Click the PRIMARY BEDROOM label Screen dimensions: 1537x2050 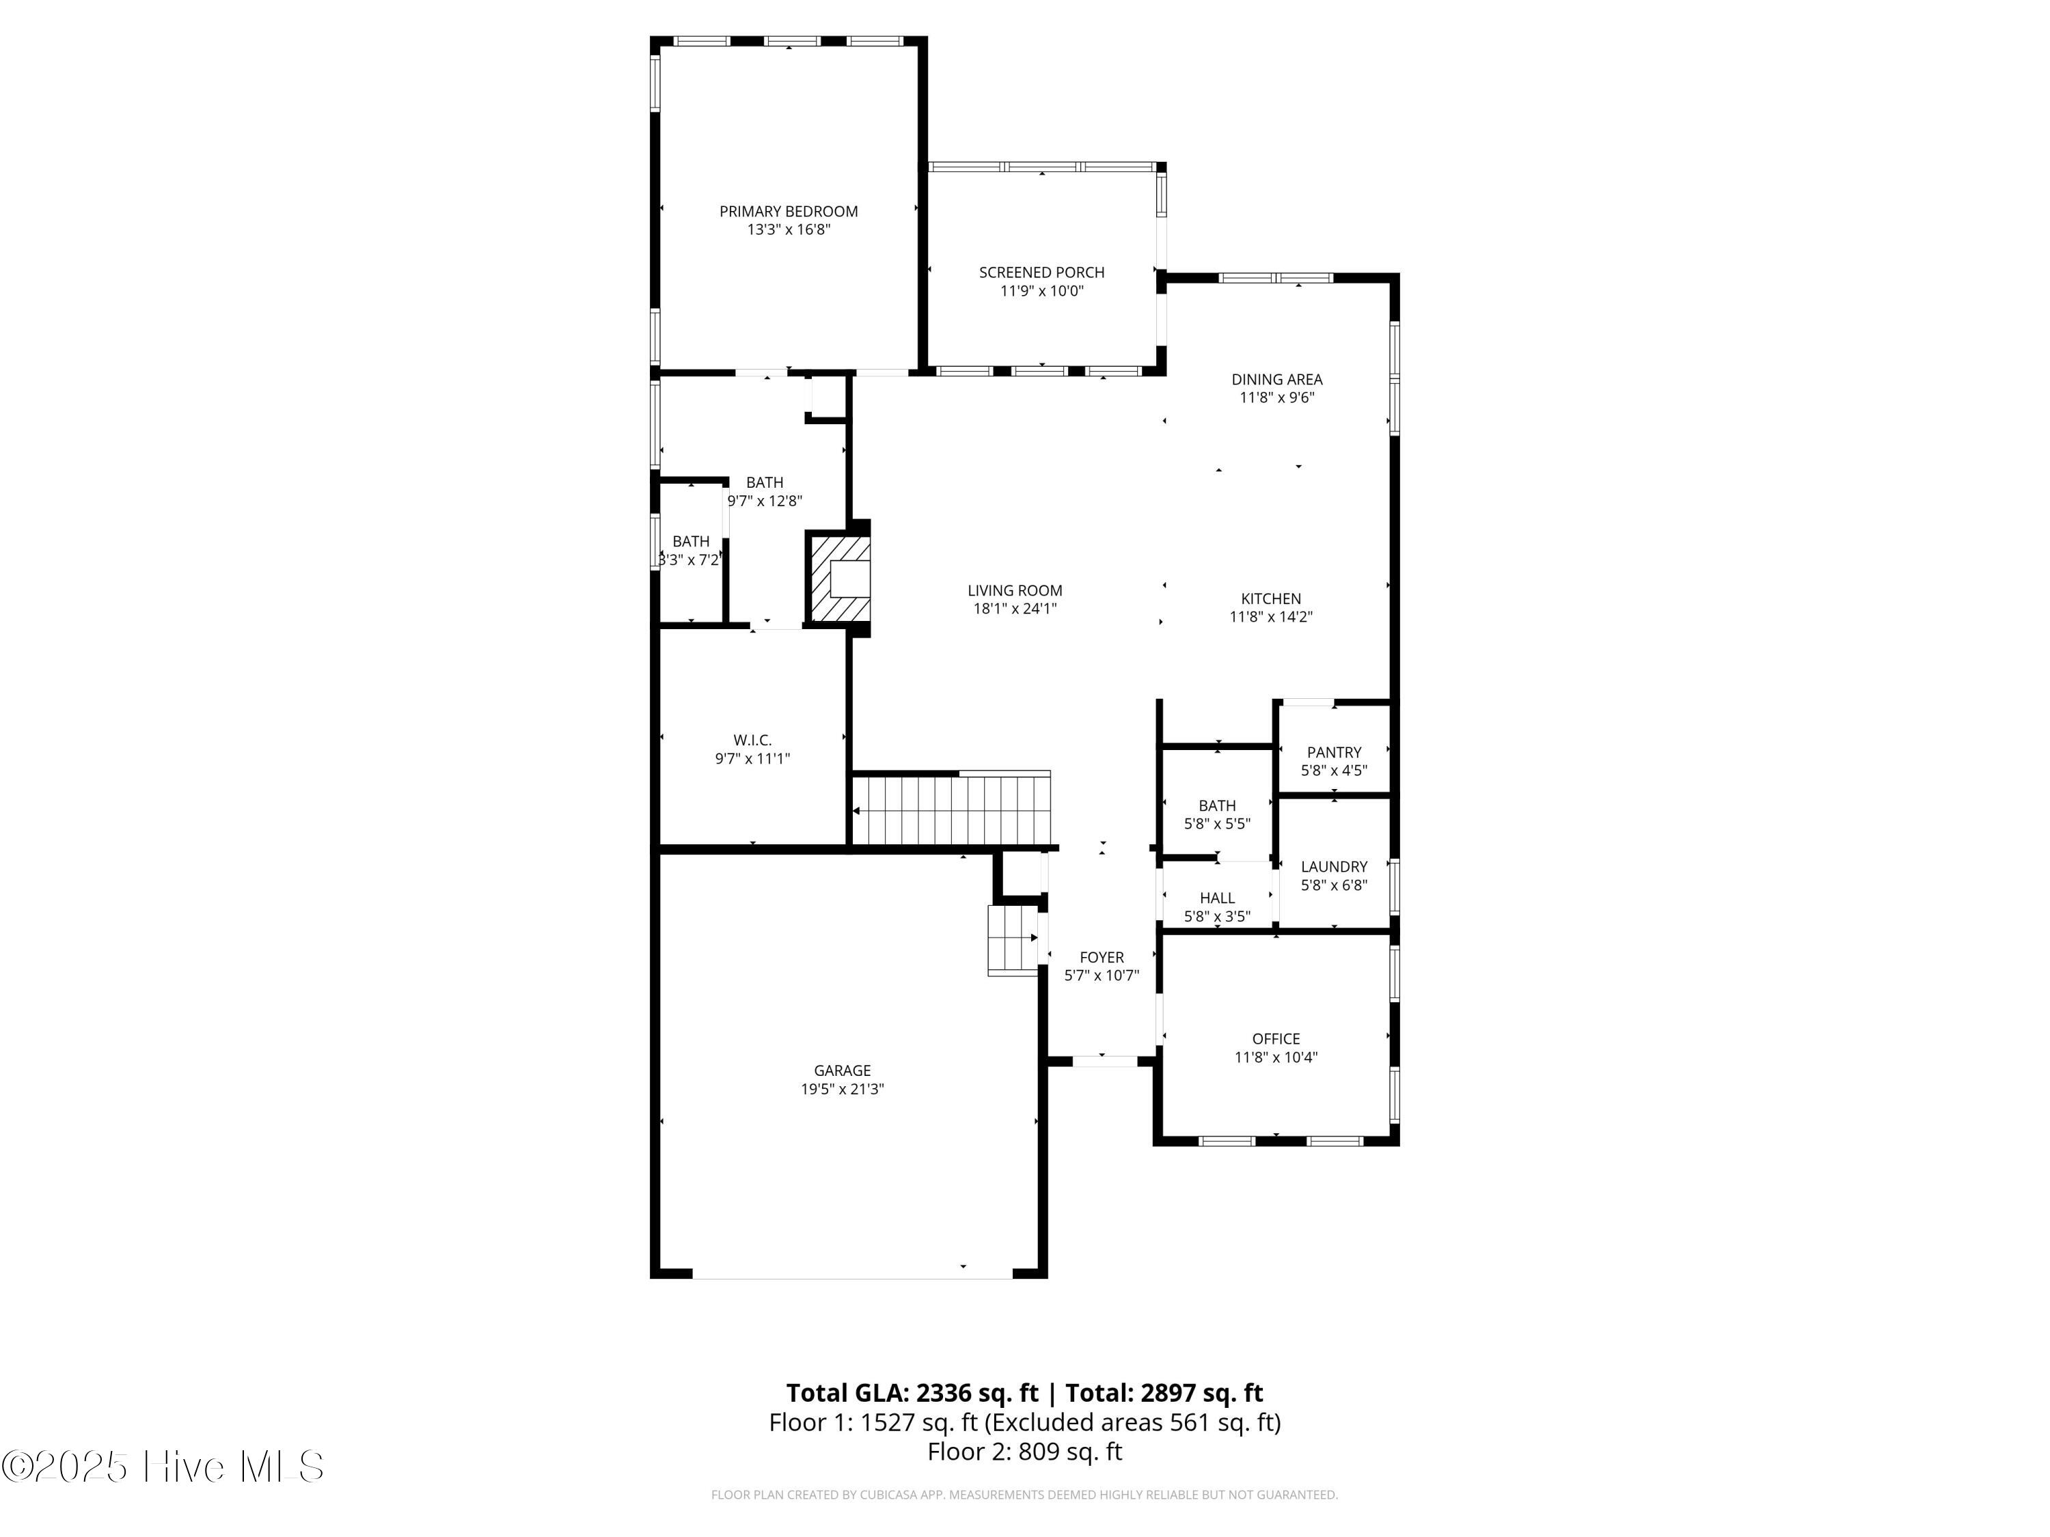[x=788, y=211]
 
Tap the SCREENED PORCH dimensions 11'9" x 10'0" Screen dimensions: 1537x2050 [x=1041, y=291]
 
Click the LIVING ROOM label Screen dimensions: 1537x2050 [x=1014, y=590]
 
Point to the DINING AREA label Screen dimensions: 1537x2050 [x=1276, y=379]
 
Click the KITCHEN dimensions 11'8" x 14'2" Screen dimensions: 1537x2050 [x=1270, y=617]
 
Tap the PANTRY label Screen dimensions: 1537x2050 [x=1334, y=752]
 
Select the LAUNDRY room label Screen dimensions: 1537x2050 [x=1334, y=866]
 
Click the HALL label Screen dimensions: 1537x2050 [x=1217, y=898]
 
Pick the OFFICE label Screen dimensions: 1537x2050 [x=1275, y=1038]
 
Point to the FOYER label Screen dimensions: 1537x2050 [x=1101, y=957]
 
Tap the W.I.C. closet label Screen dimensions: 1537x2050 [x=752, y=740]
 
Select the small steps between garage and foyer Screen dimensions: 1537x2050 [x=1012, y=939]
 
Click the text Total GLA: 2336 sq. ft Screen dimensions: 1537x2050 [x=912, y=1392]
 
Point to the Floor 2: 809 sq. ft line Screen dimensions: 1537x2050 [x=1024, y=1452]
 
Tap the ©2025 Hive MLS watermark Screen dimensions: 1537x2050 [x=163, y=1467]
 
